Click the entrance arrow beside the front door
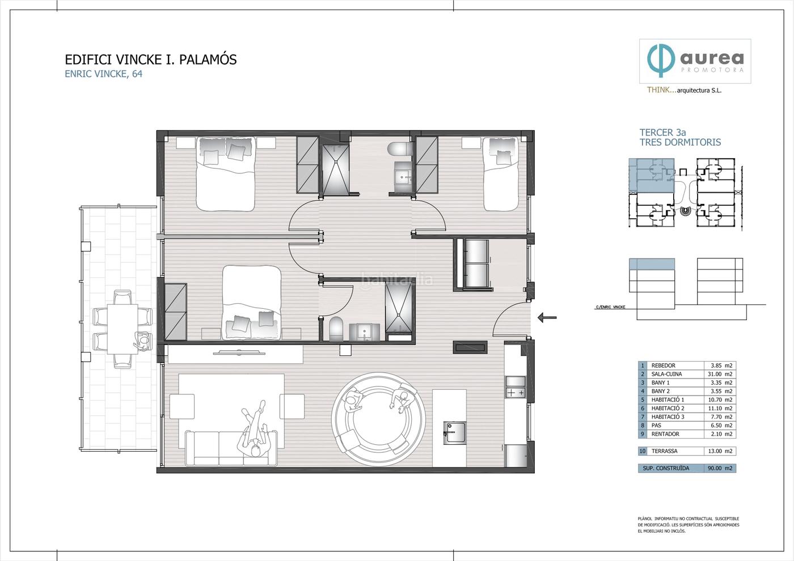pos(547,317)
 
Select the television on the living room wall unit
pos(239,352)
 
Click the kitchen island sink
pos(454,432)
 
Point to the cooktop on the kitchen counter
pos(516,392)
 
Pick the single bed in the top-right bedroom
pos(500,173)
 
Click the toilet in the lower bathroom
pos(336,329)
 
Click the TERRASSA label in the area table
pos(664,451)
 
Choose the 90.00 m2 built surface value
pos(720,468)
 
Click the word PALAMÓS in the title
pos(208,59)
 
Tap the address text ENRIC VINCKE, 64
pos(103,74)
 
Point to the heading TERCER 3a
pos(662,133)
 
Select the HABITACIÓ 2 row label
pos(668,408)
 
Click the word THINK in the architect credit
pos(660,90)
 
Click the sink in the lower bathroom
pos(364,332)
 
